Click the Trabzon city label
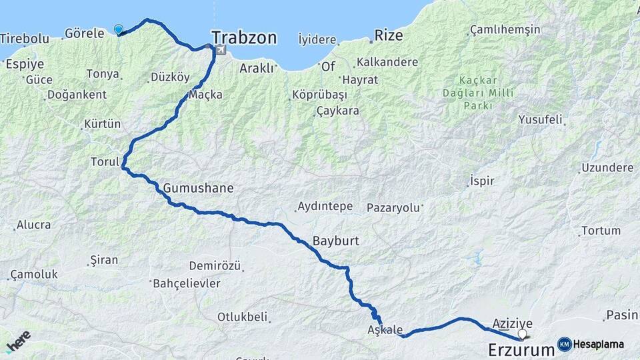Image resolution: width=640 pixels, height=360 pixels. (x=244, y=37)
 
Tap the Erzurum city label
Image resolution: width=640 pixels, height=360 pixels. (x=521, y=349)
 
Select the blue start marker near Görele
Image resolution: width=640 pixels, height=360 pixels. (x=119, y=29)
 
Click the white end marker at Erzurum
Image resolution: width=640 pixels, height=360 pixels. (x=522, y=334)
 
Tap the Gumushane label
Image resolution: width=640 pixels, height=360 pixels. (x=198, y=188)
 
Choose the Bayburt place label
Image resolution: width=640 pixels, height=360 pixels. (x=336, y=240)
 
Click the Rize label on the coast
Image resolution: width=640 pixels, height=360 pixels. (x=389, y=35)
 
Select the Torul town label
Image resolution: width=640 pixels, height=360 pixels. (x=105, y=161)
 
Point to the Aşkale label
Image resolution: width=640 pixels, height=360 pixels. (x=385, y=330)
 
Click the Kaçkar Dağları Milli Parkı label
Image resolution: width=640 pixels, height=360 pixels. (x=478, y=93)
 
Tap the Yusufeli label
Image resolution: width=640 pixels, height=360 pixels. (x=540, y=120)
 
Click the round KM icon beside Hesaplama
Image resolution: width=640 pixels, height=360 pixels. (x=564, y=344)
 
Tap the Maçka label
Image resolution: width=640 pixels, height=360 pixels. (x=205, y=95)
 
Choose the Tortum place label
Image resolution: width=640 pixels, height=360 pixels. (x=601, y=231)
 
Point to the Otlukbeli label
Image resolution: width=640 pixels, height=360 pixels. (x=242, y=317)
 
